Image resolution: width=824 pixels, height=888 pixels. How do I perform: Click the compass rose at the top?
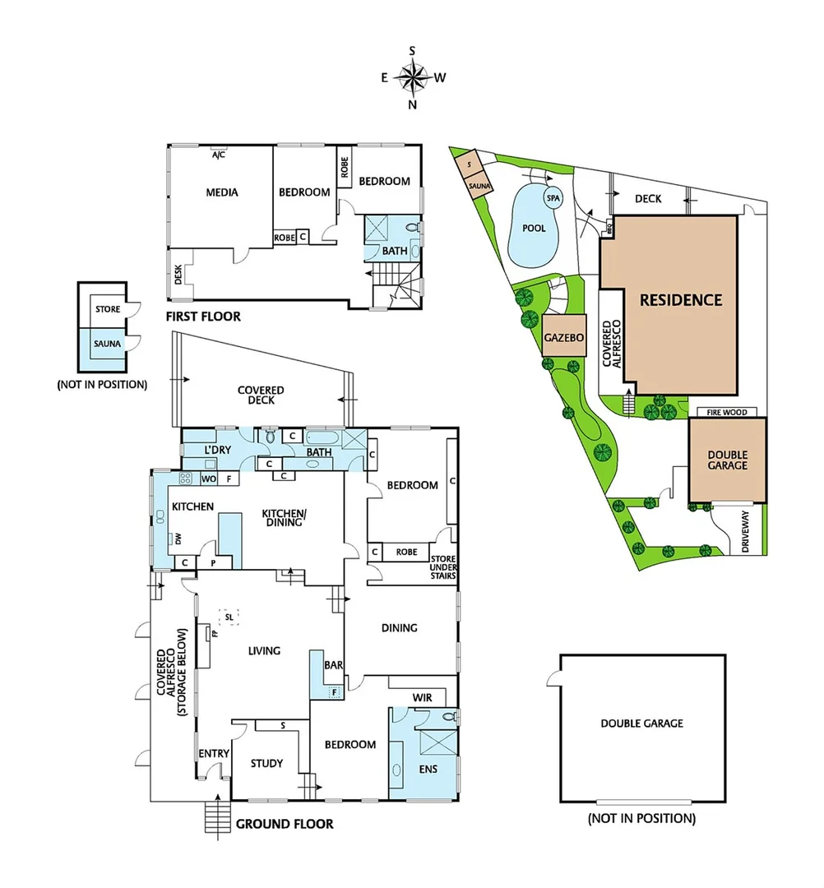[412, 78]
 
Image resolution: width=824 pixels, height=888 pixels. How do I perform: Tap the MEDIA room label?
[222, 192]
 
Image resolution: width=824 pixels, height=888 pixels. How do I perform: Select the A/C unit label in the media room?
[219, 155]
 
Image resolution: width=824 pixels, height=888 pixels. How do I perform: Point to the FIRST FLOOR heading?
[203, 317]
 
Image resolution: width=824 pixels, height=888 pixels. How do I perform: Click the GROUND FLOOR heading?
[285, 823]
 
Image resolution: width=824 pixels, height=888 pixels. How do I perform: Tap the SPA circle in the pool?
[551, 198]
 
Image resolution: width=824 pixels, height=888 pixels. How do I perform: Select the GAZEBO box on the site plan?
[564, 337]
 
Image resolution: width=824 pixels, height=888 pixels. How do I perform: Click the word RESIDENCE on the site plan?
[681, 300]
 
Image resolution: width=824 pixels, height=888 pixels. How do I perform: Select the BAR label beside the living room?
[333, 664]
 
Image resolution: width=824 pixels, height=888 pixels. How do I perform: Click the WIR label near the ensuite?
[422, 697]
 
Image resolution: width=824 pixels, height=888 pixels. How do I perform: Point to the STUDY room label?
[266, 763]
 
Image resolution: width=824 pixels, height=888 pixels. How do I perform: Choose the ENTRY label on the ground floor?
[214, 753]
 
